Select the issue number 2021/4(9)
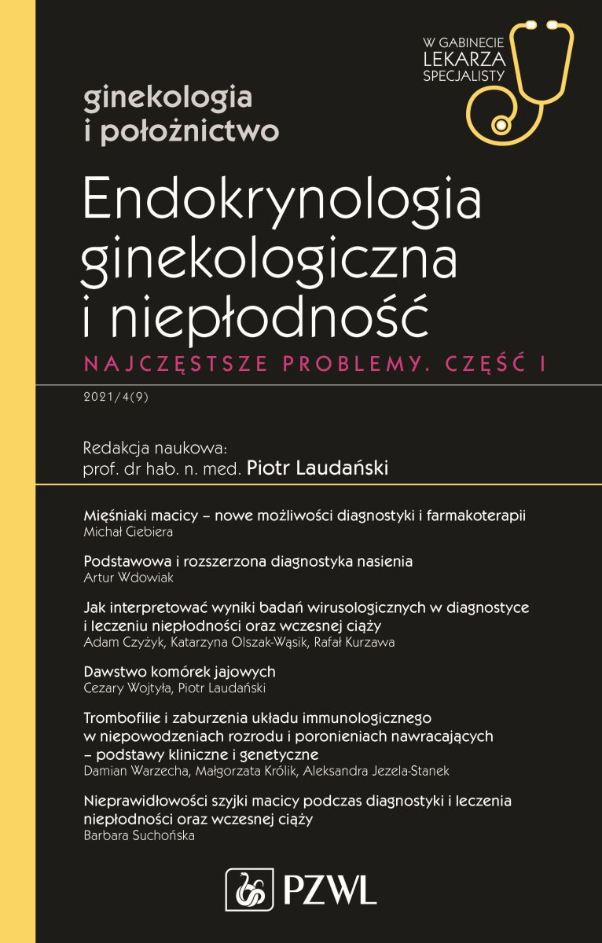click(115, 397)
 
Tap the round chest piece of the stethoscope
click(498, 125)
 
